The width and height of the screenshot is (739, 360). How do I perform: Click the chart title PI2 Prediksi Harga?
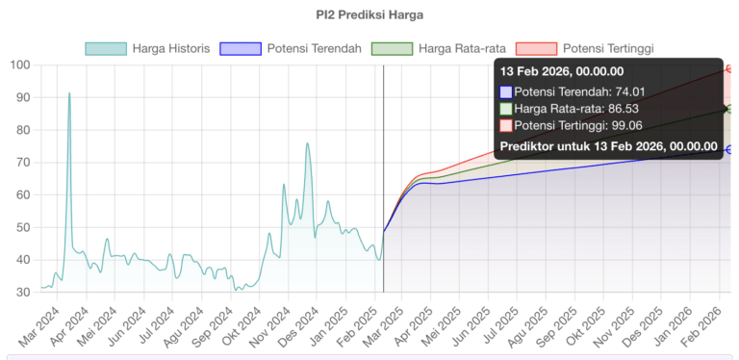[x=369, y=15]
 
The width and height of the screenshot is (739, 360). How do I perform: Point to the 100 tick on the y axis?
[x=19, y=65]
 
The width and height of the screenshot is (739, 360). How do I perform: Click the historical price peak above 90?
[x=69, y=93]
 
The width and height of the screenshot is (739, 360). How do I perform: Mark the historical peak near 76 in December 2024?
[x=308, y=143]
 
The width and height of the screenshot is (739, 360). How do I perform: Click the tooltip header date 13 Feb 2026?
[x=562, y=70]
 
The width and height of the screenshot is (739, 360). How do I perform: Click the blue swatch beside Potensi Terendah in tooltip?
[x=506, y=92]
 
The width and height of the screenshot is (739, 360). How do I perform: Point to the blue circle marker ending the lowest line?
[x=730, y=149]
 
